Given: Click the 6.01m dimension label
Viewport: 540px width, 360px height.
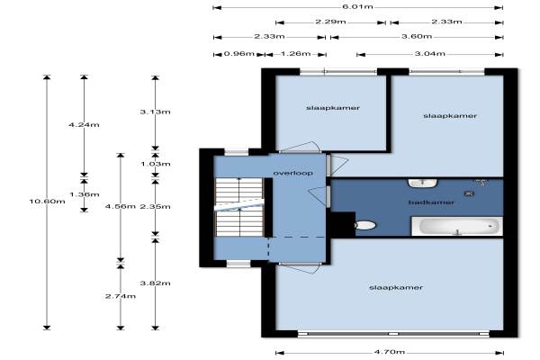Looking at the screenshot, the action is (x=357, y=6).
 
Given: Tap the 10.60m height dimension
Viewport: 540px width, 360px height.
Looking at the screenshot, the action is (x=47, y=201).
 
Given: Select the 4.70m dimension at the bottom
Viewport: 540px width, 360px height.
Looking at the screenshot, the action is (x=389, y=352).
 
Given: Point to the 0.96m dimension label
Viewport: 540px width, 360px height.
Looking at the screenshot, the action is (x=239, y=54).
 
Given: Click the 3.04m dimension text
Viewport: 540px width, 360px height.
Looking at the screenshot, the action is (x=429, y=54).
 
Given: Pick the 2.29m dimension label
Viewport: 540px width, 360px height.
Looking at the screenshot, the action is (x=330, y=22).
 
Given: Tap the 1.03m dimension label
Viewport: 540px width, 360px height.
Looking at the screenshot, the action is (x=156, y=164).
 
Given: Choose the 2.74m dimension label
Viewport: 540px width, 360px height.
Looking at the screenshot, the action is (x=121, y=296).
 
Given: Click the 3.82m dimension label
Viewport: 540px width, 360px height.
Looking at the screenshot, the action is (x=156, y=283).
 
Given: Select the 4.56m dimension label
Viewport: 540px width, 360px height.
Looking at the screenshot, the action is (x=121, y=206).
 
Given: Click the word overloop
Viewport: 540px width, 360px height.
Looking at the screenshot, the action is (x=293, y=173).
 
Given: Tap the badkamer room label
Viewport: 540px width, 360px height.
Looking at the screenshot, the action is (x=431, y=202).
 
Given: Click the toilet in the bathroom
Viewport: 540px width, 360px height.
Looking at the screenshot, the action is (x=365, y=225).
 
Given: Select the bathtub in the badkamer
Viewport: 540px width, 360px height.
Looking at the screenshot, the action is (x=457, y=226).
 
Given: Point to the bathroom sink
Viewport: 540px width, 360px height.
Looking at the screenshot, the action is (x=423, y=183).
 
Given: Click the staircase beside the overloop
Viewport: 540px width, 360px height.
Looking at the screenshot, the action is (x=239, y=207).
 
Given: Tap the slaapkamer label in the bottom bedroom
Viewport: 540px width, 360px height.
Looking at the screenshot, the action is (x=396, y=287).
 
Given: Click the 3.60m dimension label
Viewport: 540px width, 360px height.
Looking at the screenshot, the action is (x=417, y=37).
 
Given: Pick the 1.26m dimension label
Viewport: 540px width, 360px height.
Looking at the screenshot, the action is (x=295, y=54).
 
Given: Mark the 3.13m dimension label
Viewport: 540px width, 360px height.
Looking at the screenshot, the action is (x=156, y=112).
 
